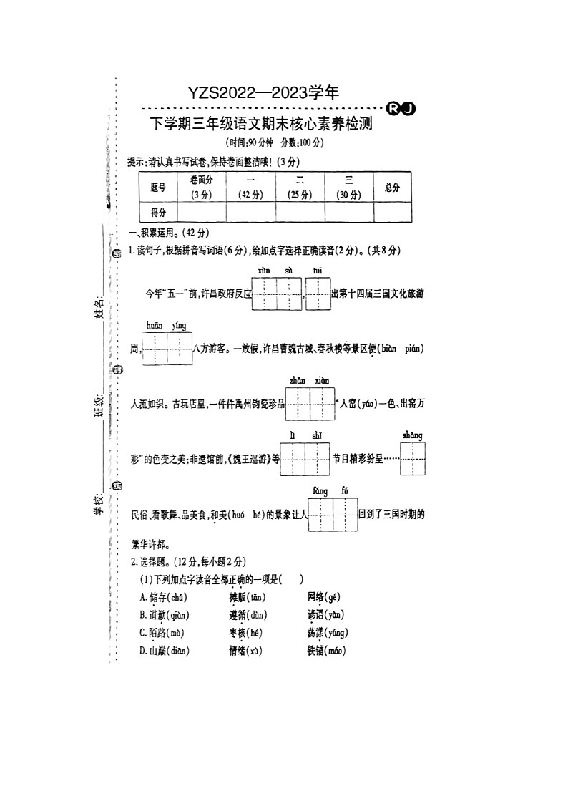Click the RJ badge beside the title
click(401, 108)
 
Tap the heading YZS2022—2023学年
click(263, 92)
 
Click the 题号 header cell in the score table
click(158, 188)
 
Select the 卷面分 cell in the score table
click(201, 188)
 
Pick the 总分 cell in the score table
click(392, 188)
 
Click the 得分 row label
click(158, 213)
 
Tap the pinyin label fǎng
click(320, 491)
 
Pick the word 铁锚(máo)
click(326, 651)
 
